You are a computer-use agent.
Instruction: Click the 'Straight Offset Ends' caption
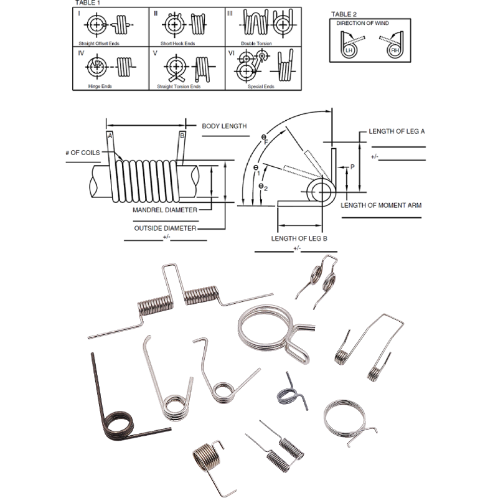(x=99, y=44)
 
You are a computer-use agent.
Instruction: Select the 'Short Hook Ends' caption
(x=177, y=44)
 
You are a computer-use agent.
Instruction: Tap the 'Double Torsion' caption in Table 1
(x=256, y=44)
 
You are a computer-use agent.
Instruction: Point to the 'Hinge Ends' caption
(x=100, y=86)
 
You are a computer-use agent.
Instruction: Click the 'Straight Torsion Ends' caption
(x=179, y=87)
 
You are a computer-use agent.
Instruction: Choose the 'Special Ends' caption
(x=261, y=87)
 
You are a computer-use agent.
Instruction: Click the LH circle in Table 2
(x=349, y=50)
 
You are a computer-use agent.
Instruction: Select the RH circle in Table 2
(x=395, y=50)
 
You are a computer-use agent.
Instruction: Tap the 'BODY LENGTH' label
(x=224, y=126)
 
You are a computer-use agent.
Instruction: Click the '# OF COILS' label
(x=83, y=153)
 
